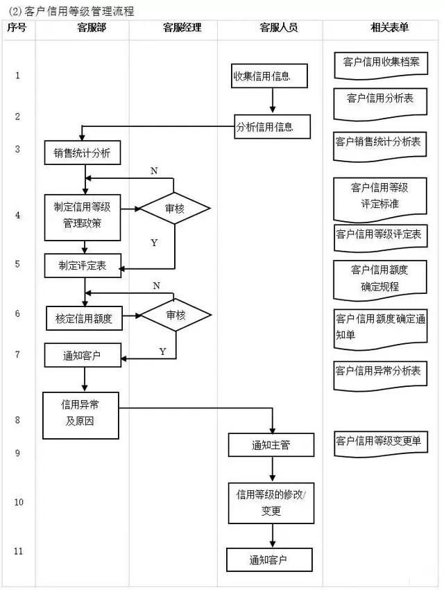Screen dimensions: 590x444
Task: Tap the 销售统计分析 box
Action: (83, 153)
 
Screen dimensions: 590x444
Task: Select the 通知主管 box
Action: (271, 445)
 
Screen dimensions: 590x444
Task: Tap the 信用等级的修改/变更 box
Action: (271, 503)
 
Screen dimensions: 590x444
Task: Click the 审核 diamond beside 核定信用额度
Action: (176, 315)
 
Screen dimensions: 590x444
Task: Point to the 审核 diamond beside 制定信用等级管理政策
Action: (175, 208)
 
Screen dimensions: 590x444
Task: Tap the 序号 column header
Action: (17, 28)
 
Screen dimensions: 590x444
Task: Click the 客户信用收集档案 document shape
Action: (381, 63)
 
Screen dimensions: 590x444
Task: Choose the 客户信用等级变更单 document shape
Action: (382, 442)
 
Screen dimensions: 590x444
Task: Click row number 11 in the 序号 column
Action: (18, 551)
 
